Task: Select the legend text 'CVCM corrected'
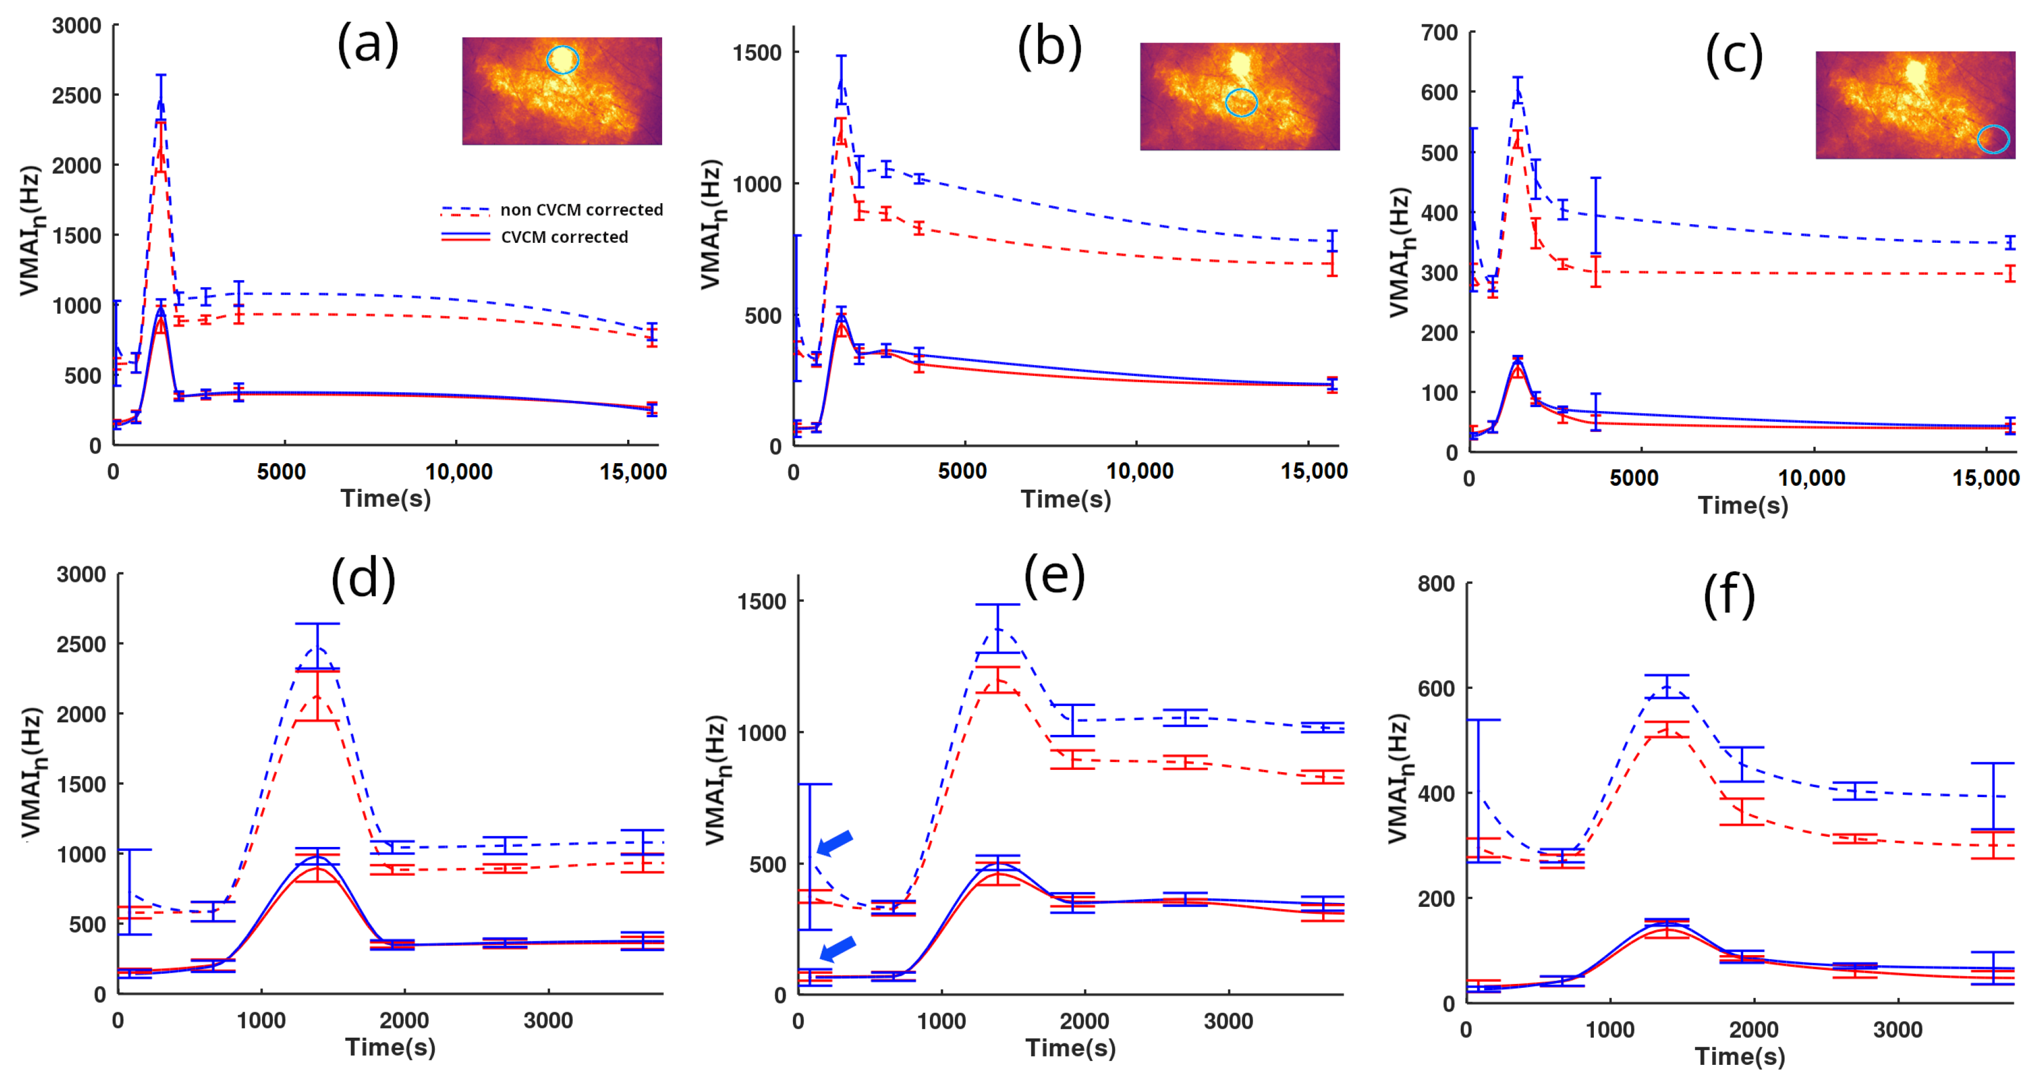(564, 237)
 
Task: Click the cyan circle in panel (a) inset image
(563, 59)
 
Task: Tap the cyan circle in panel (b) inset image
(1241, 102)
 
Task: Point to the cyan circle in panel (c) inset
(1993, 139)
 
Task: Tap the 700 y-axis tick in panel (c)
(1438, 32)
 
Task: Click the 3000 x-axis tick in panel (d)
(548, 1021)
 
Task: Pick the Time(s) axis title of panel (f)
(1739, 1056)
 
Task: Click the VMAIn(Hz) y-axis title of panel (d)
(32, 772)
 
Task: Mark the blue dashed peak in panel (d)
(316, 648)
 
